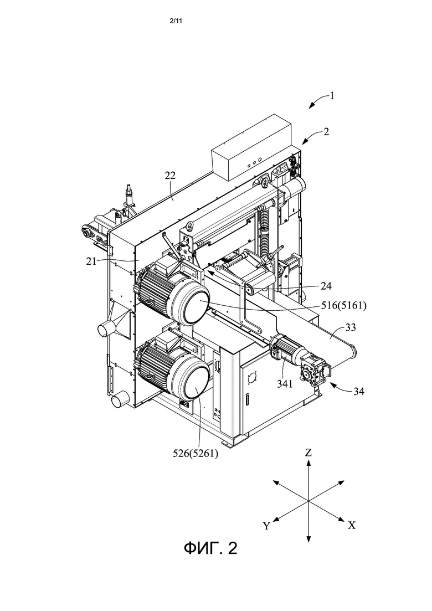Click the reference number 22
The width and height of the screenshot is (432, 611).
point(170,176)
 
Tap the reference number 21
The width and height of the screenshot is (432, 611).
point(91,261)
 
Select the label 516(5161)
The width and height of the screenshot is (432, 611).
point(343,306)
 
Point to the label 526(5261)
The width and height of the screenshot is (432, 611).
point(195,454)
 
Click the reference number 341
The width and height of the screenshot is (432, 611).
point(284,384)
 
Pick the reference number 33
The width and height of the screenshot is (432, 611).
point(351,327)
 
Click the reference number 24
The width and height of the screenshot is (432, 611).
point(326,286)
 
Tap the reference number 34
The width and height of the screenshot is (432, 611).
point(359,391)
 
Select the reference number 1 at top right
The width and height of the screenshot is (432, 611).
point(332,95)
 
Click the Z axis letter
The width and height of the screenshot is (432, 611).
point(308,453)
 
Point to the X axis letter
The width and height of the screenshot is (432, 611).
point(352,526)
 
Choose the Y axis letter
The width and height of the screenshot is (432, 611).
point(266,526)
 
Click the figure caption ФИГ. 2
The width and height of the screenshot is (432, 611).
point(210,548)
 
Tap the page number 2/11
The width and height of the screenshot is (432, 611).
point(176,21)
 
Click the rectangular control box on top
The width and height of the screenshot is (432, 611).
point(251,148)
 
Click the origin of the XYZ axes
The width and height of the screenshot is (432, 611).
point(308,501)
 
